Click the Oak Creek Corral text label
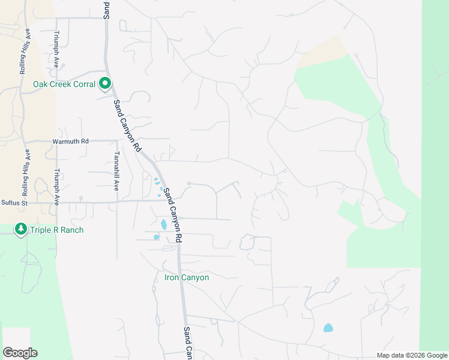tap(64, 85)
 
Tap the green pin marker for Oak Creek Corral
tap(105, 84)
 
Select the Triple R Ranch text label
tap(56, 230)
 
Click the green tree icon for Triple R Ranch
tap(21, 229)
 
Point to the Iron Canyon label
tap(187, 278)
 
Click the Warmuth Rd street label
tap(70, 141)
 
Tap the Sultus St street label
tap(14, 203)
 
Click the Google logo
tap(20, 353)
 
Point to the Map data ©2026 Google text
tap(412, 355)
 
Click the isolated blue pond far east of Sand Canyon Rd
tap(328, 328)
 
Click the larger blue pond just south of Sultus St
tap(163, 225)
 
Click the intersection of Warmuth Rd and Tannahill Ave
tap(116, 141)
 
